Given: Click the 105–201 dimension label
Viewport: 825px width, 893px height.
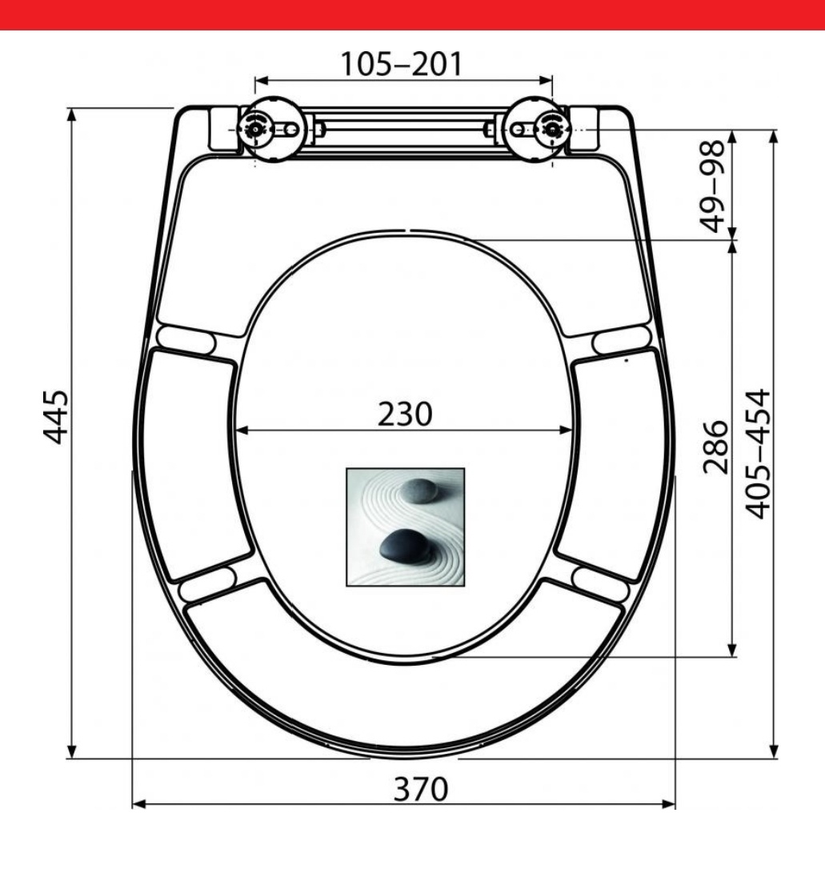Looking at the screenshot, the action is coord(402,64).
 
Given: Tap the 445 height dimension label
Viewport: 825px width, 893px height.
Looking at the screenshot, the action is coord(56,416).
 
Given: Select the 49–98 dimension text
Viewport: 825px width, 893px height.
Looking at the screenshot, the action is coord(712,186).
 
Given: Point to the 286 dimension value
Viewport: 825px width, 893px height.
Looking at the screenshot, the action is coord(715,446).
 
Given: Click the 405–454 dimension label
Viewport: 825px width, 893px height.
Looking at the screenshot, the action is coord(758,454).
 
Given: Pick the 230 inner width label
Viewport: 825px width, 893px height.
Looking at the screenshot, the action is coord(405,414).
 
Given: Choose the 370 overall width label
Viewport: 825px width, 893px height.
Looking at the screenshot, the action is coord(421,789).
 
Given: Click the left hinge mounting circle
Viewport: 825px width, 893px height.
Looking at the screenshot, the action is coord(255,130).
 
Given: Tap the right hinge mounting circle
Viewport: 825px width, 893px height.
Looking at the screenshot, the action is coord(551,130).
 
